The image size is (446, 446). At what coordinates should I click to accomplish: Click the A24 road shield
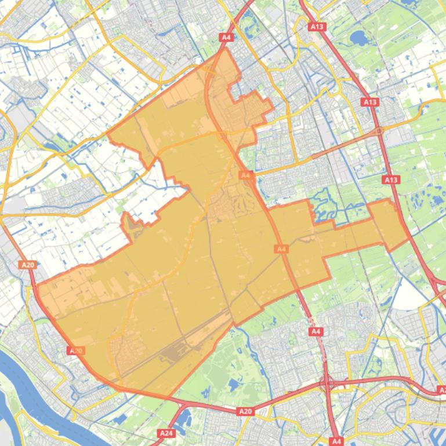click(165, 433)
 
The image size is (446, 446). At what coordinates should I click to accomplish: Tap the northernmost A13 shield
click(317, 27)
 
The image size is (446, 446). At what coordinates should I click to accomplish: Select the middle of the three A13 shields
click(370, 102)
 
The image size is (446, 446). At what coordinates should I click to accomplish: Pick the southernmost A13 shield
click(391, 180)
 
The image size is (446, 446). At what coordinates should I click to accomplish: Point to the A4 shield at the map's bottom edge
click(336, 441)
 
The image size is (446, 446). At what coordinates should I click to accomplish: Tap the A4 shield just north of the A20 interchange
click(316, 332)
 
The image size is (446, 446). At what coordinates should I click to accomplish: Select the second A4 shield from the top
click(245, 175)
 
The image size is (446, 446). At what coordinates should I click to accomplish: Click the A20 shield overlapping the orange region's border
click(75, 350)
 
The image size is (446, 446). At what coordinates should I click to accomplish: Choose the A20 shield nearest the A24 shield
click(245, 411)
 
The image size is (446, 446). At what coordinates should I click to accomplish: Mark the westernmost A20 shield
click(27, 265)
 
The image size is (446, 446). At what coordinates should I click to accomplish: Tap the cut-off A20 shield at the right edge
click(442, 391)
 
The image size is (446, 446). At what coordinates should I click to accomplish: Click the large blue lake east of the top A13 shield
click(358, 39)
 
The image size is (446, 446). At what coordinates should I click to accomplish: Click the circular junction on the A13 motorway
click(379, 131)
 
